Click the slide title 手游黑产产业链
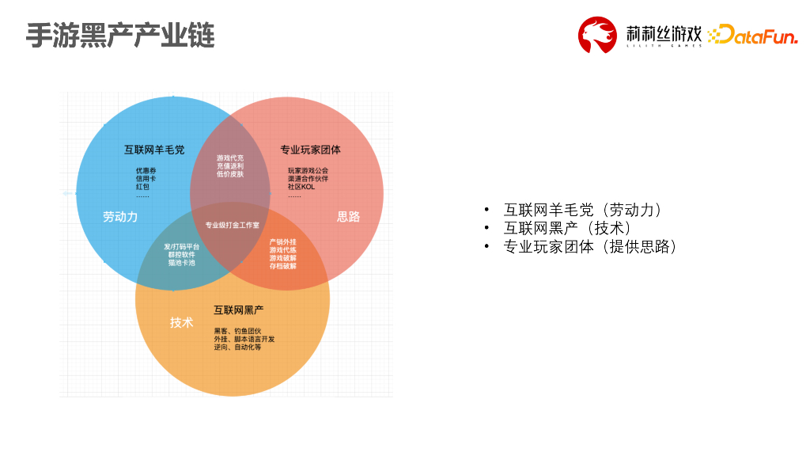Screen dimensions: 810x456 pos(119,36)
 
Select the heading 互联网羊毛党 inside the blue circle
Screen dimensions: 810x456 pos(154,149)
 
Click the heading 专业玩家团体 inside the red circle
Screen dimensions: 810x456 pos(310,150)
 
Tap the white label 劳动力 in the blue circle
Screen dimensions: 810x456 pos(120,216)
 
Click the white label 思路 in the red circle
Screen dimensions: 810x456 pos(348,216)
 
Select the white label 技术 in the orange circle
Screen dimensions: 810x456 pos(181,322)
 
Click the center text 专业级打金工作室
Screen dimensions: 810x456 pos(232,226)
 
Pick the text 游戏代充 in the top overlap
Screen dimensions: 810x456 pos(230,158)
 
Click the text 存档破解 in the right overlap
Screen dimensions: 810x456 pos(282,266)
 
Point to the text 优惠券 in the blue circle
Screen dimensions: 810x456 pos(146,170)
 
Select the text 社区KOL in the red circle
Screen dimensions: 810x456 pos(301,187)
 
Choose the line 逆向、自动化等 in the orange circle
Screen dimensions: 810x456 pos(237,348)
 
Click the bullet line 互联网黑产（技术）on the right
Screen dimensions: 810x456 pos(567,228)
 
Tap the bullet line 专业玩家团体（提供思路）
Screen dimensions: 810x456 pos(590,246)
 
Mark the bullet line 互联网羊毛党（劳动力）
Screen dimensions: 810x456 pos(582,210)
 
